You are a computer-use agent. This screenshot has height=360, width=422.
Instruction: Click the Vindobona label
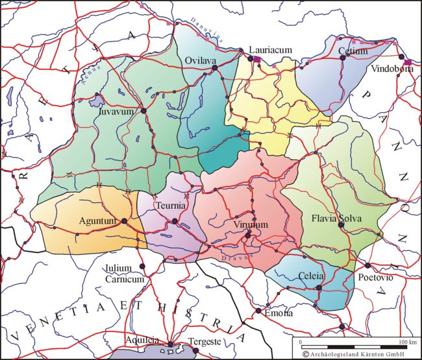pos(393,70)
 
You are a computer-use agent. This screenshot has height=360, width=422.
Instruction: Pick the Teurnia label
pos(172,206)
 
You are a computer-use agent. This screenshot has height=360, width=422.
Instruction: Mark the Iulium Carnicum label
pos(124,274)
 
